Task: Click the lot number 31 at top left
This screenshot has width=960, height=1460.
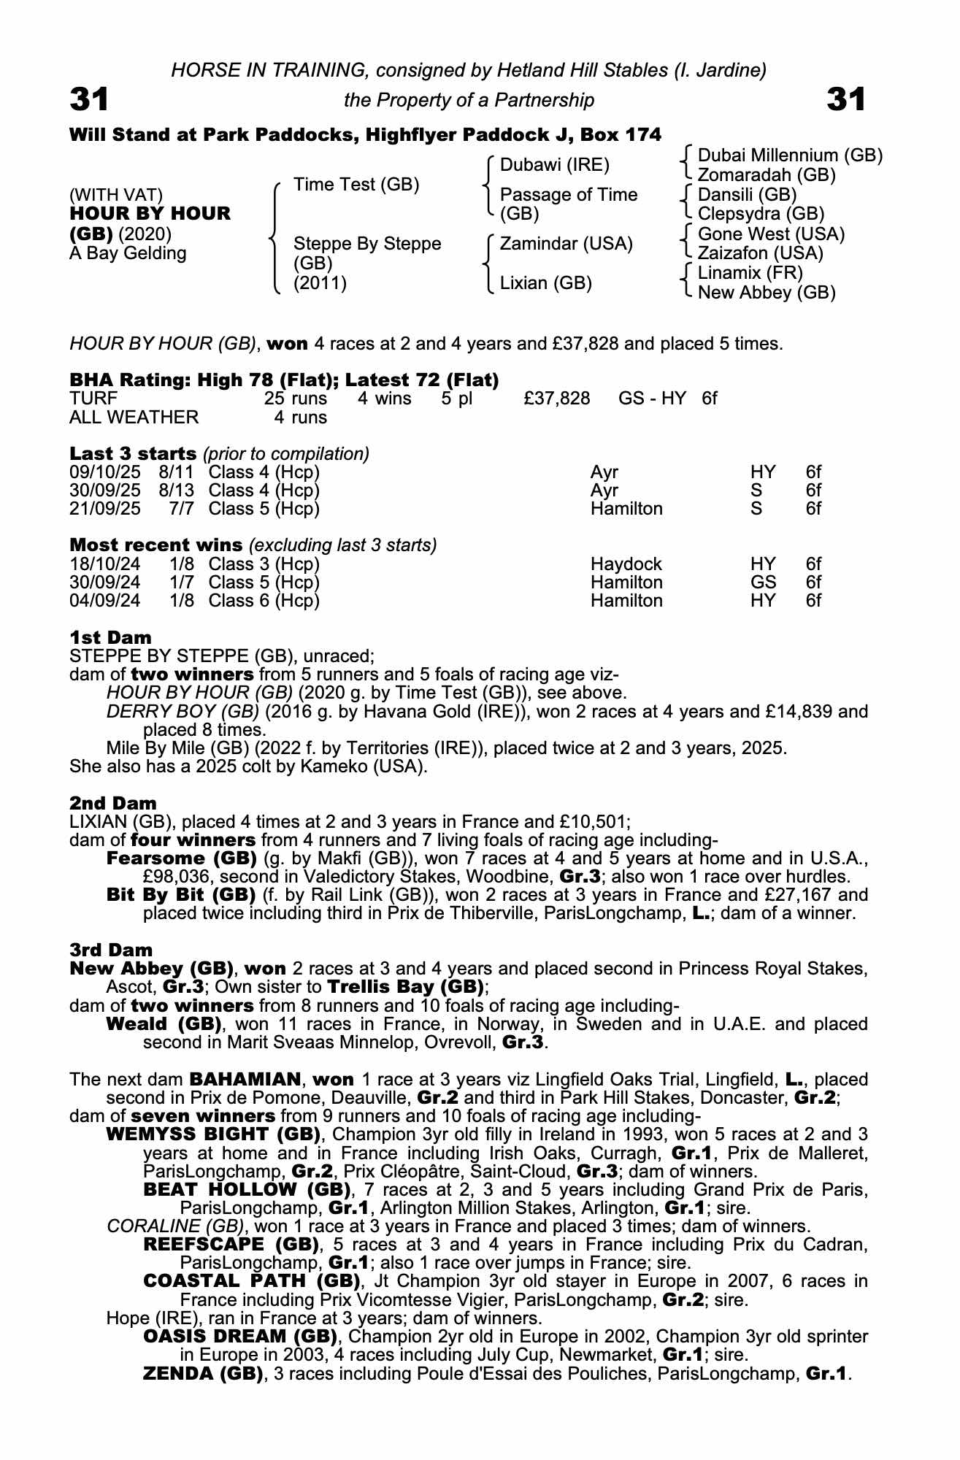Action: pyautogui.click(x=89, y=99)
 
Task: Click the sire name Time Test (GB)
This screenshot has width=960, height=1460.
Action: pyautogui.click(x=356, y=185)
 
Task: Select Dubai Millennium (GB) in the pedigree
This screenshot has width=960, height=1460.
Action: pyautogui.click(x=790, y=155)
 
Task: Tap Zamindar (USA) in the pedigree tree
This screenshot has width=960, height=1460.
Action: pyautogui.click(x=566, y=244)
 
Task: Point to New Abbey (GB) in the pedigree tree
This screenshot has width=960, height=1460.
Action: pyautogui.click(x=767, y=293)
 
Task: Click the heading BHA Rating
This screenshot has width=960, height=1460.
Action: pyautogui.click(x=128, y=380)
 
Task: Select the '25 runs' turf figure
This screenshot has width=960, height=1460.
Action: pyautogui.click(x=296, y=399)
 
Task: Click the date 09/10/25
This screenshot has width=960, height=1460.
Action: pyautogui.click(x=105, y=472)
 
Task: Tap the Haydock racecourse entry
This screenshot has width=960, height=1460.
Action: pyautogui.click(x=626, y=564)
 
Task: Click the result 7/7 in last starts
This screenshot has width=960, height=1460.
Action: pyautogui.click(x=181, y=509)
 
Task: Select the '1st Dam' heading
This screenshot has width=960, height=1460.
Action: pyautogui.click(x=110, y=637)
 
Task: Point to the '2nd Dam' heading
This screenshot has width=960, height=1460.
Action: pyautogui.click(x=113, y=804)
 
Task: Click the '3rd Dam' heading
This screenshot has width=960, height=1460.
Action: pyautogui.click(x=111, y=950)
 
